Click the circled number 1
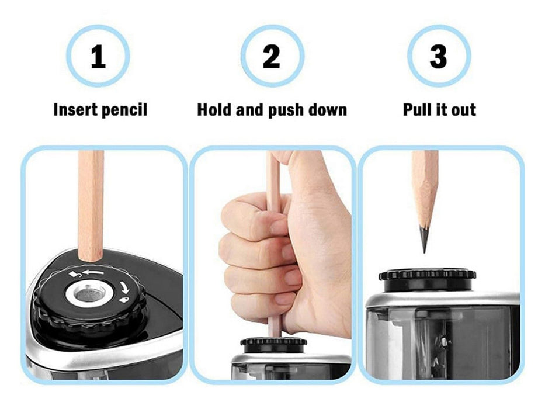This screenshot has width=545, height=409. click(98, 56)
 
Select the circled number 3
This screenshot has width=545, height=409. click(439, 56)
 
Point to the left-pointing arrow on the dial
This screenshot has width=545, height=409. click(93, 272)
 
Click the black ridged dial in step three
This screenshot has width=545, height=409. click(427, 279)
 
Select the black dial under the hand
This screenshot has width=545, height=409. click(273, 345)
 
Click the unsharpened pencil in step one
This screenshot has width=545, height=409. click(91, 206)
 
